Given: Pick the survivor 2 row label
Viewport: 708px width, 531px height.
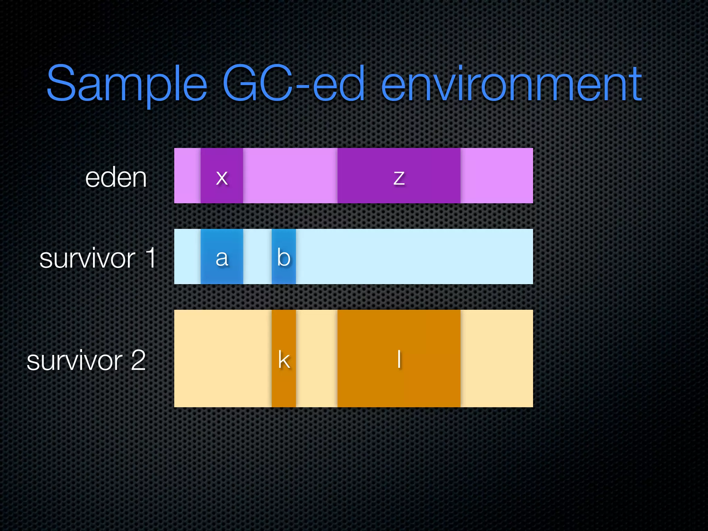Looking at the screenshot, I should [86, 360].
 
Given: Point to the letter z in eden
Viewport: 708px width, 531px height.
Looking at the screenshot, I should [399, 178].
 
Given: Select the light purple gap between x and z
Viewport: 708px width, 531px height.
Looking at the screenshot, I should [290, 176].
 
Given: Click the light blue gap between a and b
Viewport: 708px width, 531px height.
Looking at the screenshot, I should [257, 257].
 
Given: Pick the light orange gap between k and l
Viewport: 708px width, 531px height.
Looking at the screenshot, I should [316, 358].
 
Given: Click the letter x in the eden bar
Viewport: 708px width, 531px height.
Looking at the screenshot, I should [222, 178].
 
